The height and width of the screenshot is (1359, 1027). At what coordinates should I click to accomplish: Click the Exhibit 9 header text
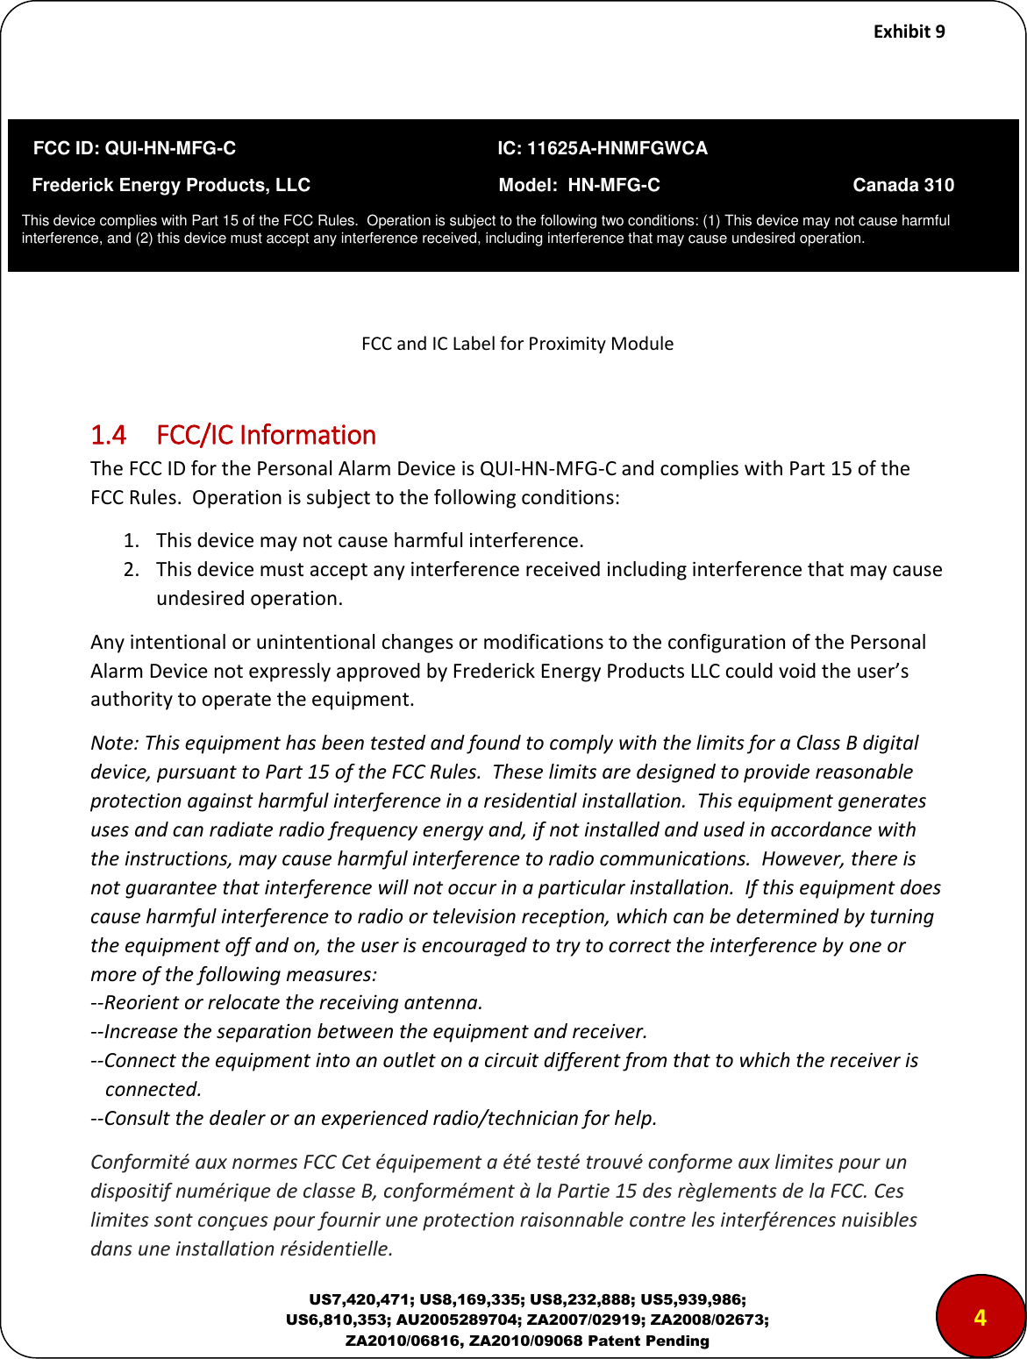click(x=909, y=32)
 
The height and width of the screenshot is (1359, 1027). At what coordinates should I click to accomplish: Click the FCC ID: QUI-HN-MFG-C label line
click(x=134, y=148)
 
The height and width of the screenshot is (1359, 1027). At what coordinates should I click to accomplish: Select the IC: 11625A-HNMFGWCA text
click(x=602, y=148)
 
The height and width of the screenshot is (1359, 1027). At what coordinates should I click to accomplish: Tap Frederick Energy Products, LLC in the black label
click(x=171, y=185)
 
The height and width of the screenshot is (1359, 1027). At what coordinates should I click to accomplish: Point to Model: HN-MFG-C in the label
click(x=579, y=185)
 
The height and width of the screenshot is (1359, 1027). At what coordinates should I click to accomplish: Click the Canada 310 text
click(x=902, y=185)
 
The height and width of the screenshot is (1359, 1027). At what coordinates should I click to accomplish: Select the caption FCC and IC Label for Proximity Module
click(x=517, y=344)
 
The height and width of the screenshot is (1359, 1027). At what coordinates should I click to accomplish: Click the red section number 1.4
click(x=108, y=435)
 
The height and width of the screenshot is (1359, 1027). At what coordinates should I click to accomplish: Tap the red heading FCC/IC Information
click(x=266, y=435)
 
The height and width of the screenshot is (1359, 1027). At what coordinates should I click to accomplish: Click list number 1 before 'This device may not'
click(x=129, y=540)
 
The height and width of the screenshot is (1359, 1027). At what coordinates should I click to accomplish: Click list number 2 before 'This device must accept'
click(x=130, y=569)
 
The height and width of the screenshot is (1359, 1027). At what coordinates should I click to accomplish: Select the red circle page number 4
click(x=980, y=1318)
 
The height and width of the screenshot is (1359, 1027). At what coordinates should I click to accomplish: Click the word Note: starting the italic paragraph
click(x=114, y=743)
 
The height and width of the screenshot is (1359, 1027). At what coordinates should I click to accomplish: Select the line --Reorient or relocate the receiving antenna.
click(x=287, y=1002)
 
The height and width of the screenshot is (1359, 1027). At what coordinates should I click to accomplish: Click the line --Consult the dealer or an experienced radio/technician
click(x=374, y=1118)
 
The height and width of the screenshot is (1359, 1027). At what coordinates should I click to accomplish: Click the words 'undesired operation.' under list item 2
click(x=249, y=598)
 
